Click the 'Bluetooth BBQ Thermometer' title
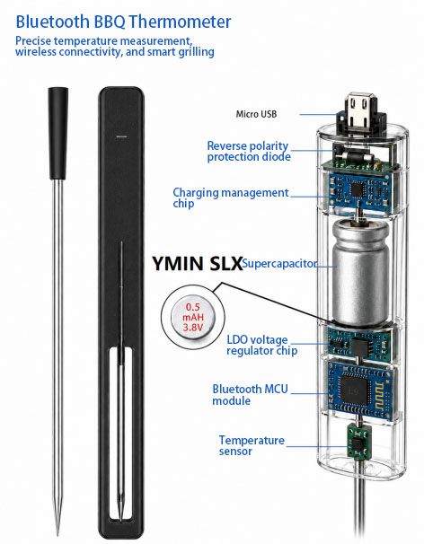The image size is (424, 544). pos(123,22)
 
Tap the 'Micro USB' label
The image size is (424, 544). pos(256,114)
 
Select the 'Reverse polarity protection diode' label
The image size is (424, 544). pos(249,152)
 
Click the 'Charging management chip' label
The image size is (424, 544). pos(231,197)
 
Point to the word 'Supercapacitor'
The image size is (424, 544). pos(279,263)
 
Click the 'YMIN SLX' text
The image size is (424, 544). pos(197,264)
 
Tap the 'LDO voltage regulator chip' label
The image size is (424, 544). pos(261,345)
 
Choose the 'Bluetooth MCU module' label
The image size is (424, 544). pos(250,394)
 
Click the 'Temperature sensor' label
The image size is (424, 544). pos(252,445)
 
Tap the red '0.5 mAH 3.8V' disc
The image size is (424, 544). pos(193,317)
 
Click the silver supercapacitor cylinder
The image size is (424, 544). pos(361,273)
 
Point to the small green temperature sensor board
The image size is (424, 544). pos(359,442)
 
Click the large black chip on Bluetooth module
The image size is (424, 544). pos(355,390)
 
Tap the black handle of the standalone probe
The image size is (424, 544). pos(58,133)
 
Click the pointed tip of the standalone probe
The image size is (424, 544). pos(58,535)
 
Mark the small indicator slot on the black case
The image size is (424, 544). pos(121,136)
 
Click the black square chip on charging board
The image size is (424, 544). pos(357,189)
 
